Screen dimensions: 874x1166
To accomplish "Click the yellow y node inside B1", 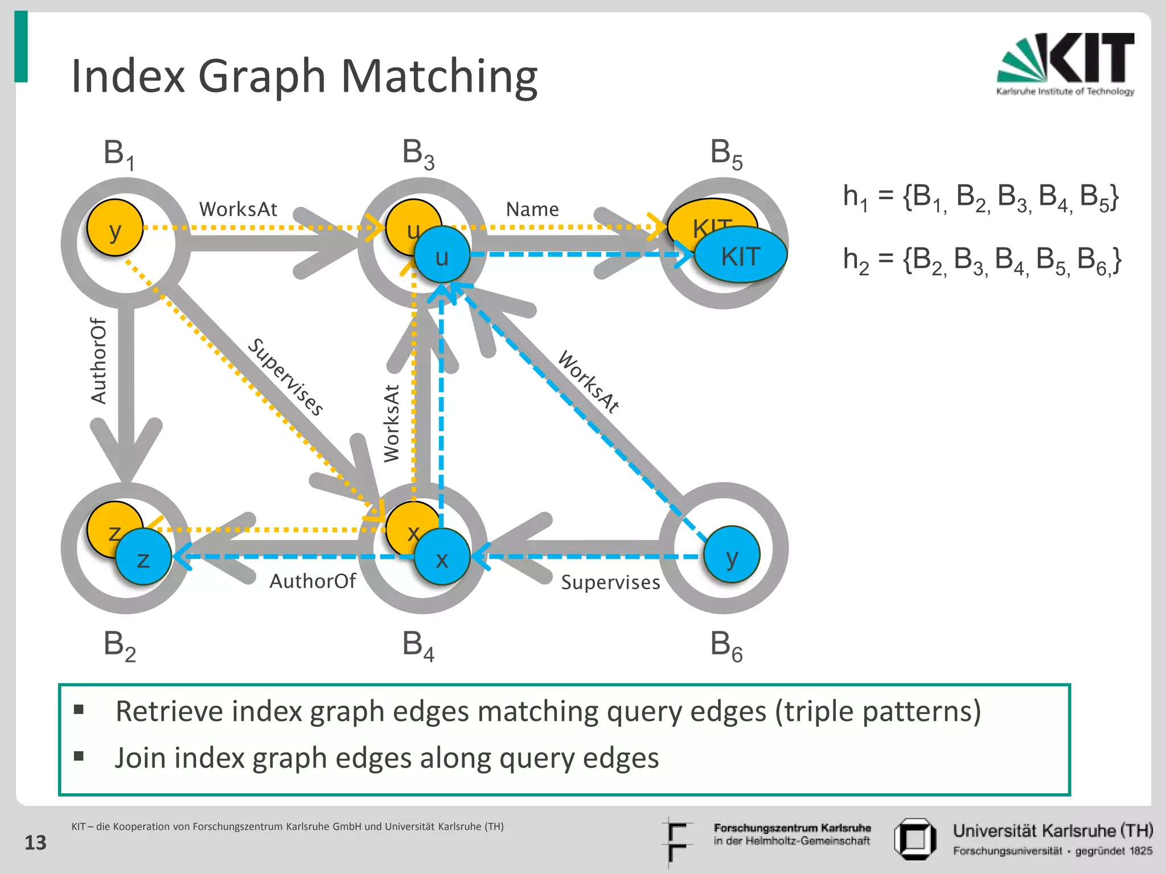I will coord(115,228).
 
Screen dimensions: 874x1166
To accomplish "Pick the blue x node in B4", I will coord(442,558).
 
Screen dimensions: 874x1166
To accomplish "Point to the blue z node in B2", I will coord(143,558).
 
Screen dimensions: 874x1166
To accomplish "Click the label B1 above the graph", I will coord(118,154).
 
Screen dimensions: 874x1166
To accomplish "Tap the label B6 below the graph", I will coord(726,646).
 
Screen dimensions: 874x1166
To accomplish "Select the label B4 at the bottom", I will coord(418,646).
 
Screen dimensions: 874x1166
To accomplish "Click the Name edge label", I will coord(532,209).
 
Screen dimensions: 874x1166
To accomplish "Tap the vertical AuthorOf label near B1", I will coord(99,361).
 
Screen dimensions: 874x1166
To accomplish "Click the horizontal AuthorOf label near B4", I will coord(313,581).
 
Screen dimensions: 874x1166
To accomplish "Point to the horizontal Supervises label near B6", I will coord(610,582).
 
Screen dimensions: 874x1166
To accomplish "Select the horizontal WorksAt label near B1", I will coord(238,209).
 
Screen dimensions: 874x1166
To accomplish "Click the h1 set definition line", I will coord(980,197).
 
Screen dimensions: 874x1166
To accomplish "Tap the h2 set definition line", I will coord(982,260).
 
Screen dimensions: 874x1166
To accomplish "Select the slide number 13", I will coord(35,842).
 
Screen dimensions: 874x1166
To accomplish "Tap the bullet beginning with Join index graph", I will coord(387,758).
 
